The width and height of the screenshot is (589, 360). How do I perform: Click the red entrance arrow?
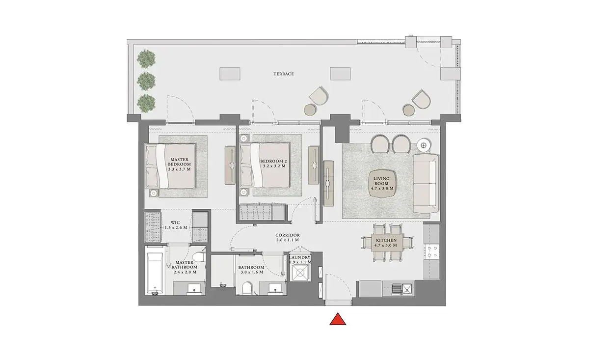pos(338,319)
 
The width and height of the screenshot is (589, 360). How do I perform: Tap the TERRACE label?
pos(284,74)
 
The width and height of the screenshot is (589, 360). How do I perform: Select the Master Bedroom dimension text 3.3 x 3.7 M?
pos(180,169)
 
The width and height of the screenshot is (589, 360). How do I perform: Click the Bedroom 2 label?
pos(273,161)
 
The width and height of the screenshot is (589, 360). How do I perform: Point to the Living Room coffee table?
pos(382,183)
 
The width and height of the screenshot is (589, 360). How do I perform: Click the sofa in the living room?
pos(426,183)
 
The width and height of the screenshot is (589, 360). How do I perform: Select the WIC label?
pos(175,222)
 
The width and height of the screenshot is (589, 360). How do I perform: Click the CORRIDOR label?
pos(288,235)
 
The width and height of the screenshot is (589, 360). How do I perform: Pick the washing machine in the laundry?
pos(300,273)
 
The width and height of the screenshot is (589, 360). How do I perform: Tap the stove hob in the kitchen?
pos(431,251)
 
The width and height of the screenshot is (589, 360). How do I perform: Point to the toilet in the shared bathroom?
pos(247,288)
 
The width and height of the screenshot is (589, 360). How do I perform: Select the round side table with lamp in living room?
pos(423,145)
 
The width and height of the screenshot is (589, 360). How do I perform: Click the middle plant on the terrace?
pos(146,81)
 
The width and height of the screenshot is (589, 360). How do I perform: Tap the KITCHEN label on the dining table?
pos(386,240)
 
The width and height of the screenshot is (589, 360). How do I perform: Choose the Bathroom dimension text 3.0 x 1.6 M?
pos(252,272)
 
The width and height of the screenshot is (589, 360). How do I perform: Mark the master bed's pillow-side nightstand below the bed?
pos(154,194)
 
